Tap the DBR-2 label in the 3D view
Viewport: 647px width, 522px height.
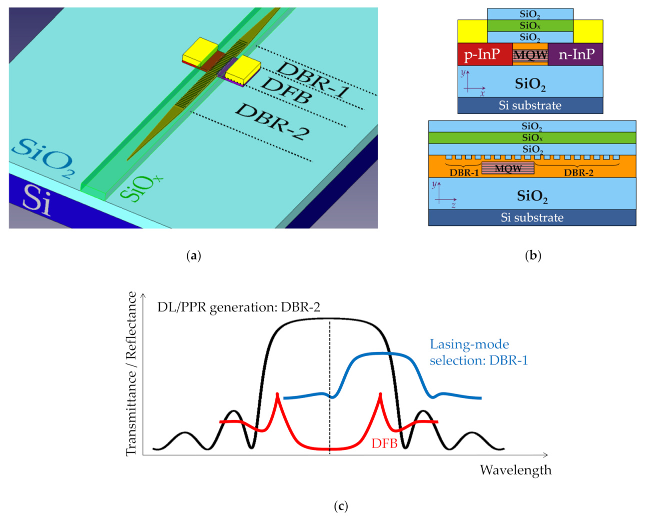pyautogui.click(x=272, y=121)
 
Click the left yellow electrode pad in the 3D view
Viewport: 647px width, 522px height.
pyautogui.click(x=200, y=50)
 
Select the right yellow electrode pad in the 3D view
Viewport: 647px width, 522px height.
pyautogui.click(x=243, y=68)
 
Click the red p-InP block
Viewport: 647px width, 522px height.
pyautogui.click(x=483, y=54)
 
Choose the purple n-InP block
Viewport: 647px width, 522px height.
pyautogui.click(x=576, y=54)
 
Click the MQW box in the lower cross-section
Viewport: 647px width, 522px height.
pyautogui.click(x=508, y=168)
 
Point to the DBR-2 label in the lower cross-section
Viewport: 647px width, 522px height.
pyautogui.click(x=579, y=173)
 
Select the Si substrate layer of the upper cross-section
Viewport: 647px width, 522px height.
pyautogui.click(x=530, y=105)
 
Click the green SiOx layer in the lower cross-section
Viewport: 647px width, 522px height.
pyautogui.click(x=532, y=137)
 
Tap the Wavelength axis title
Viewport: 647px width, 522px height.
pyautogui.click(x=516, y=470)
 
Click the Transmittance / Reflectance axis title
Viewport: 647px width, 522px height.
pyautogui.click(x=131, y=373)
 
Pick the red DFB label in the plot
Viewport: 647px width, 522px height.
pyautogui.click(x=384, y=443)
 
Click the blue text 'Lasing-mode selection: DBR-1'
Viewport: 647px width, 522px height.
pyautogui.click(x=478, y=352)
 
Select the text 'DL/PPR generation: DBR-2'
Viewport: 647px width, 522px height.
pyautogui.click(x=239, y=307)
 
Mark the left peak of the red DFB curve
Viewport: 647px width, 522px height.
pyautogui.click(x=277, y=395)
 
